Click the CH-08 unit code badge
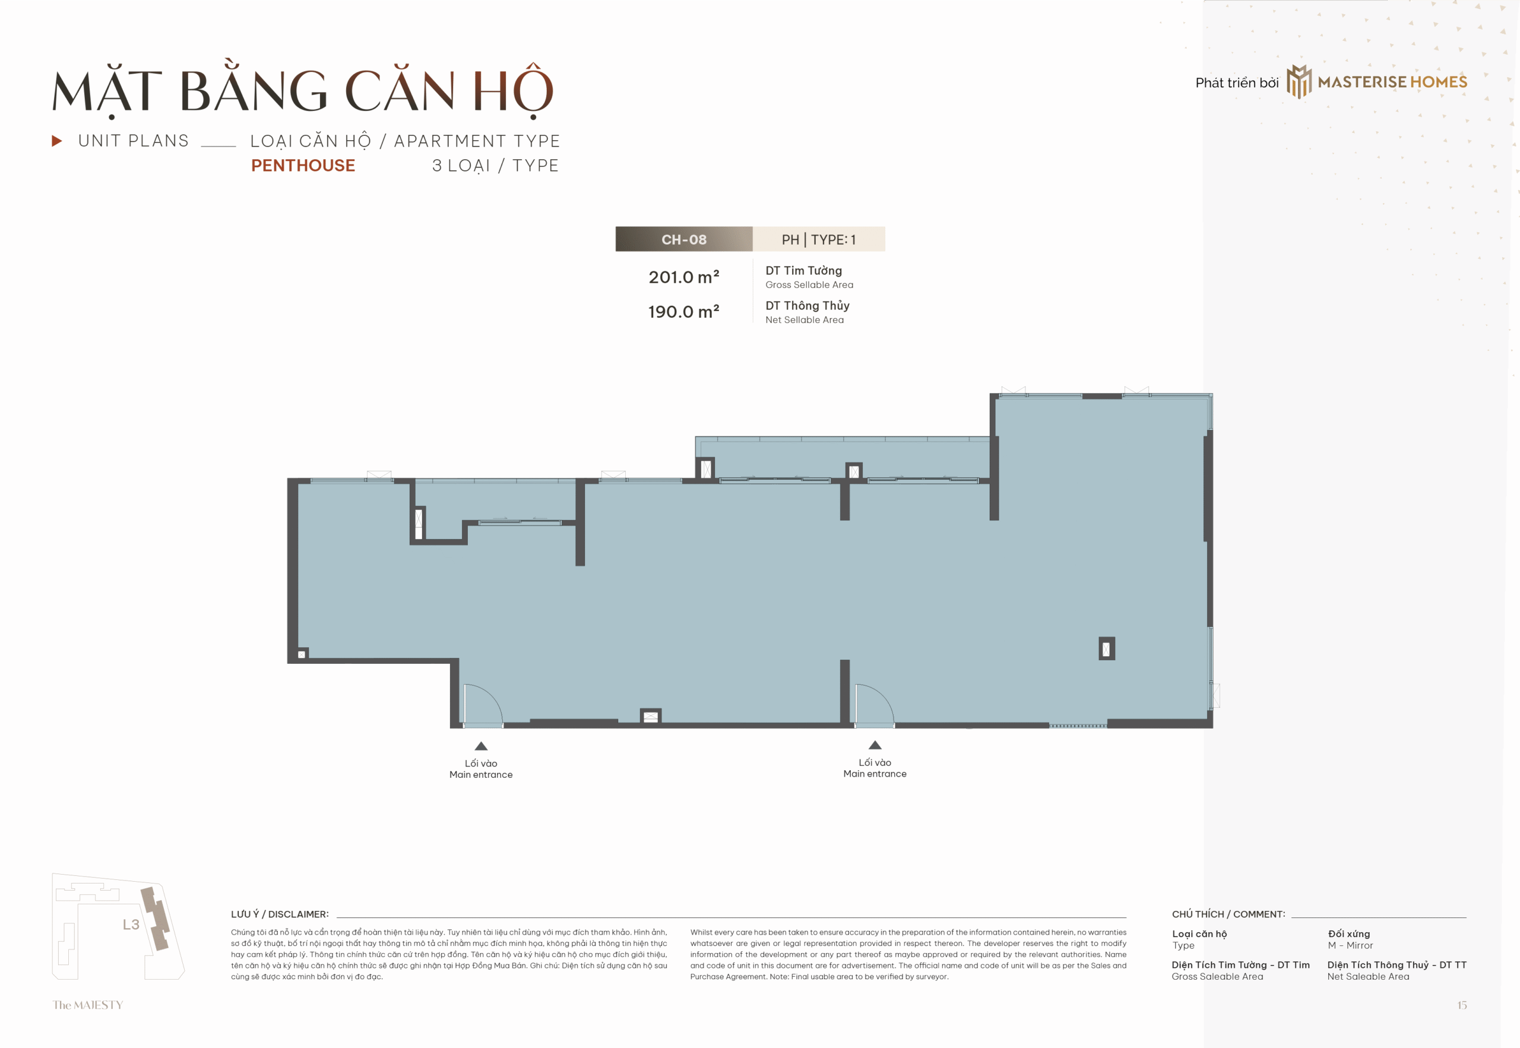[x=683, y=240]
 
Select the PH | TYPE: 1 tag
[x=819, y=240]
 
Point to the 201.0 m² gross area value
[x=683, y=277]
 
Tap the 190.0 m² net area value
[x=683, y=312]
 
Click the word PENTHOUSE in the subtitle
[x=303, y=166]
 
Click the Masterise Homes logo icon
[x=1299, y=81]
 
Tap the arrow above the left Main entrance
[x=482, y=746]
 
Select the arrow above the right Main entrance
[x=875, y=745]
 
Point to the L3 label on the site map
[x=131, y=924]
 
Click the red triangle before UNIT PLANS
[x=57, y=141]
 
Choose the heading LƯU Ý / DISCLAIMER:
[x=280, y=914]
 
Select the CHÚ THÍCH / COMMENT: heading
[x=1228, y=914]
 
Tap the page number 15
[x=1462, y=1005]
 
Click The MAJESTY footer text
[x=88, y=1005]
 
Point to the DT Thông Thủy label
[x=807, y=305]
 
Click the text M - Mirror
[x=1350, y=945]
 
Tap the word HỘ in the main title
[x=513, y=91]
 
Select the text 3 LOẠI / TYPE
[x=495, y=166]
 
